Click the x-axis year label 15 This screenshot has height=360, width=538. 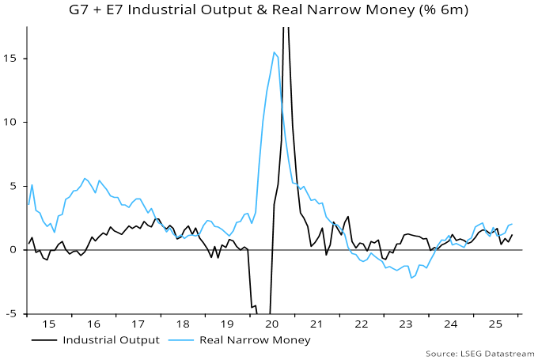click(49, 324)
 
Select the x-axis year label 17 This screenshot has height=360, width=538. click(138, 324)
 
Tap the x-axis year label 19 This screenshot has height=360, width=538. click(226, 324)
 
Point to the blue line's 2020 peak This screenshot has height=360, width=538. click(274, 52)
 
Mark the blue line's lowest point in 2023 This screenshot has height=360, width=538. click(411, 278)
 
